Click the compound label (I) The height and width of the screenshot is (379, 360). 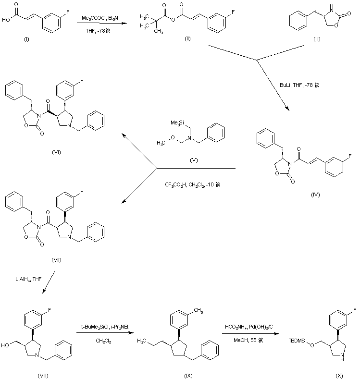point(26,39)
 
